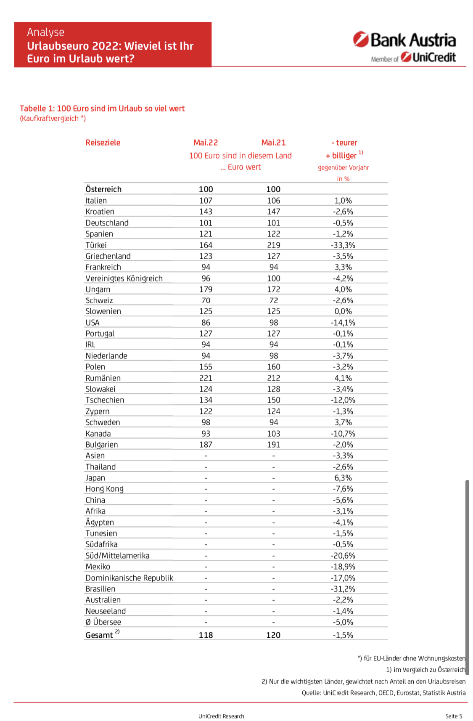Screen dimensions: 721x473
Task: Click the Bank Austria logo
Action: click(404, 40)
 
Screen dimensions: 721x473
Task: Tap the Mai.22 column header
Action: click(206, 143)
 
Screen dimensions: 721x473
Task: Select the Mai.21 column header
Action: click(273, 143)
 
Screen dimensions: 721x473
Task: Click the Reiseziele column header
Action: click(103, 143)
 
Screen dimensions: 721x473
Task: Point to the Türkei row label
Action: click(96, 245)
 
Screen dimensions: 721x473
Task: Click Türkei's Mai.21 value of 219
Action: click(274, 245)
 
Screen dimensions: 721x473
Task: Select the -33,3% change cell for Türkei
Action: click(343, 245)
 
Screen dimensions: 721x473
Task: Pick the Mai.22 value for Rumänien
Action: click(206, 378)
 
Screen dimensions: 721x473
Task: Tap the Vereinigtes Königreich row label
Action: click(124, 278)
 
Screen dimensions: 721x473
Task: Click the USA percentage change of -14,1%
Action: click(343, 323)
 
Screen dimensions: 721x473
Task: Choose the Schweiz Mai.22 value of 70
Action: click(206, 300)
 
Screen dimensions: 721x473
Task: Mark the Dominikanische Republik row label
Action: click(129, 578)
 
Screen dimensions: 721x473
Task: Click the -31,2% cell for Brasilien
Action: click(343, 589)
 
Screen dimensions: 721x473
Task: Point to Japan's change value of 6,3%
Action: click(343, 478)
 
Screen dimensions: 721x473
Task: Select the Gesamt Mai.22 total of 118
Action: click(206, 635)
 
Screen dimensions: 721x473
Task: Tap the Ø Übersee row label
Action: click(103, 622)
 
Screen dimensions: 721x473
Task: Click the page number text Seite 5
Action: click(454, 716)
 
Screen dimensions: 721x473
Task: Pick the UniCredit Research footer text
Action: click(221, 716)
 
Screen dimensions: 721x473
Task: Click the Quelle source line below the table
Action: click(383, 693)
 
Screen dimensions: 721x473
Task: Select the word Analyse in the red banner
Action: click(46, 32)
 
